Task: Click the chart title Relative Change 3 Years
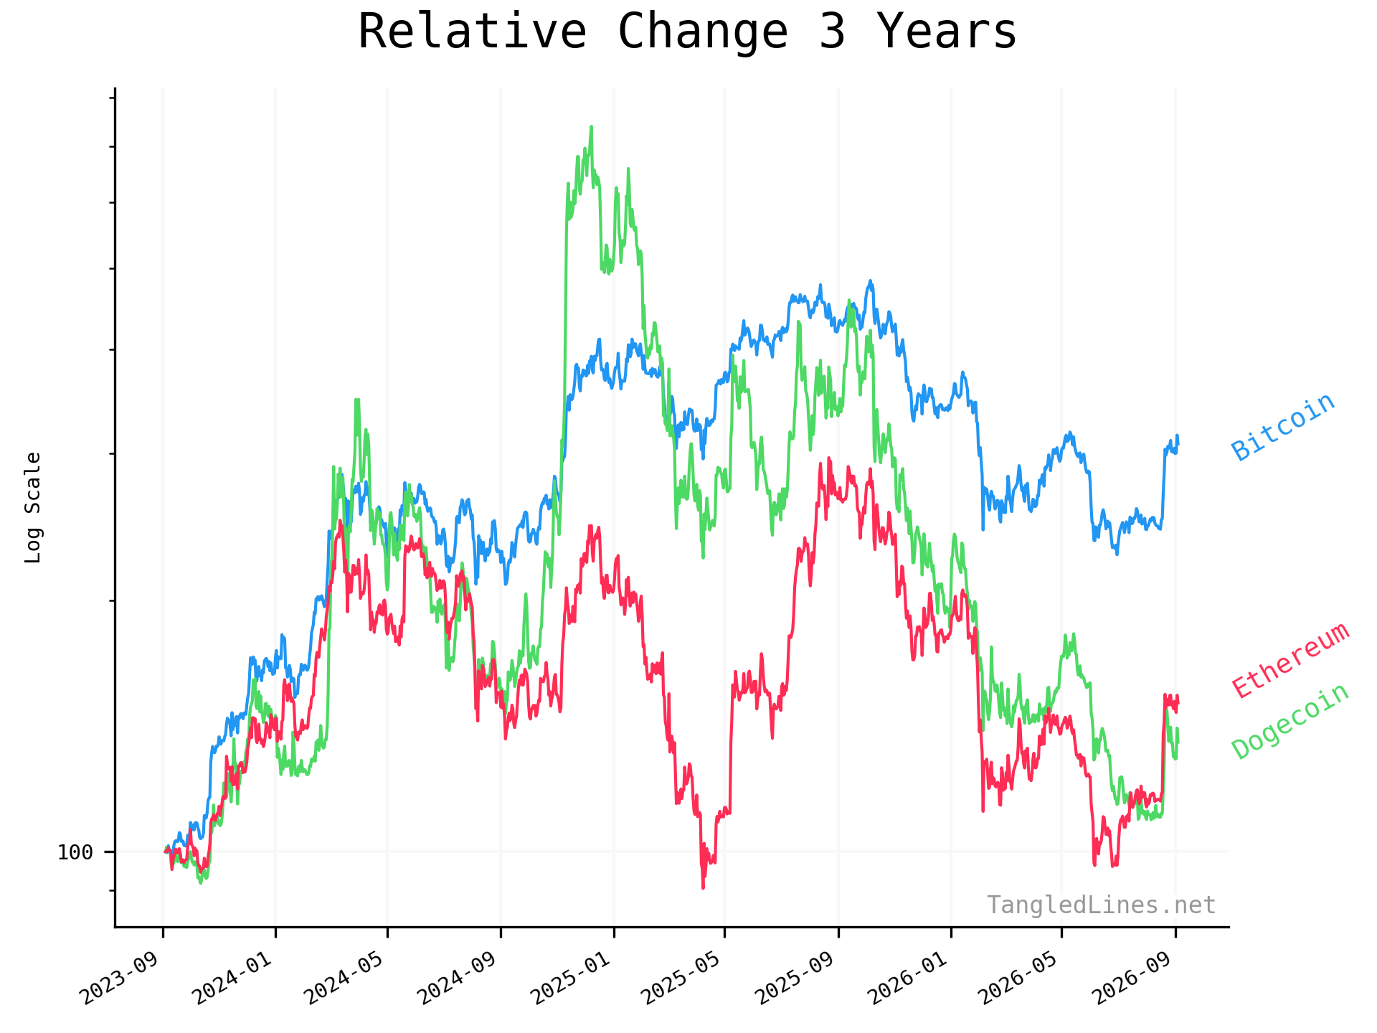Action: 687,32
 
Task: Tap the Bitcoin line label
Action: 1283,427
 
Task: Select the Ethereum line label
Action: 1290,661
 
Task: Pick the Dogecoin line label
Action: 1290,721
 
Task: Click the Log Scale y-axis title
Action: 33,507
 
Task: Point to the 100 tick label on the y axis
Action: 75,852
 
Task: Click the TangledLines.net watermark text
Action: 1101,905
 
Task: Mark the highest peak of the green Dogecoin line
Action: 591,127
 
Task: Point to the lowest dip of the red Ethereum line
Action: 703,888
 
